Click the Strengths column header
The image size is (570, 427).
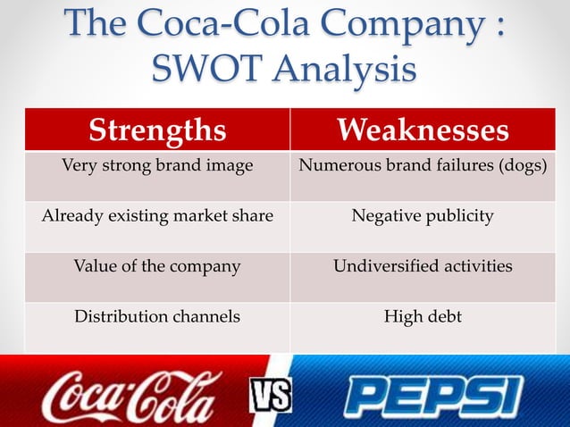(x=156, y=131)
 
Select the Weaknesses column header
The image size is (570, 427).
(x=423, y=131)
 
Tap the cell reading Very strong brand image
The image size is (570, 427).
(x=156, y=165)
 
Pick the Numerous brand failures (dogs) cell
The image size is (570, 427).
(x=423, y=165)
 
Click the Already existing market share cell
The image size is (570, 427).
(x=157, y=215)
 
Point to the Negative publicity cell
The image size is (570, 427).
(x=423, y=215)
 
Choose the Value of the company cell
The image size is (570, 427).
(x=157, y=266)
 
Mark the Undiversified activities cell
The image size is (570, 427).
(x=423, y=266)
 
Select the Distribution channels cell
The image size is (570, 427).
(x=157, y=316)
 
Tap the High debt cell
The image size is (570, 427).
(x=423, y=316)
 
